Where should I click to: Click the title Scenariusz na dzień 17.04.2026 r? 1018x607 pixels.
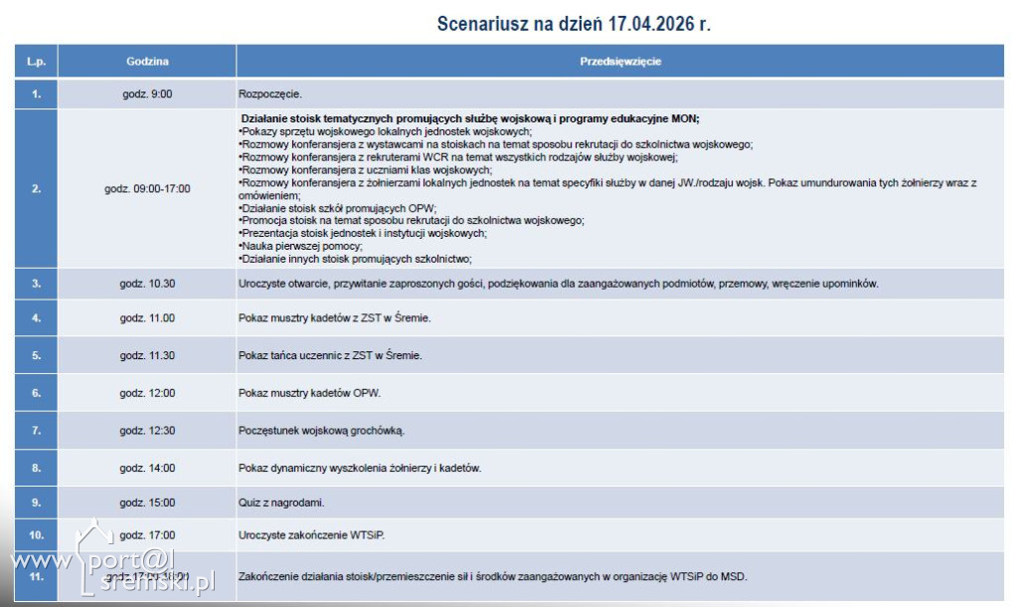point(574,24)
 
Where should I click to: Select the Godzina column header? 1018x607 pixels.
point(147,61)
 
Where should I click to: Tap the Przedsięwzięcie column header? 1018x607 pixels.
point(620,61)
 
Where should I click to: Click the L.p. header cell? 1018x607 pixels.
point(36,61)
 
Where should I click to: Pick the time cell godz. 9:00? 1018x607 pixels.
point(147,94)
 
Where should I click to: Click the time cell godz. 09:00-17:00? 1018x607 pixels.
point(147,188)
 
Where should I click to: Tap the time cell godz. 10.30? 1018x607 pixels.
point(147,284)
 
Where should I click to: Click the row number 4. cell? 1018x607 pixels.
point(36,318)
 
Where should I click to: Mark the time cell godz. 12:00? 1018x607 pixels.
point(147,393)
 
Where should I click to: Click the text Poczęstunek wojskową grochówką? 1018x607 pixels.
point(322,431)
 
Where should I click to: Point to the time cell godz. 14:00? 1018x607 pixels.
point(147,468)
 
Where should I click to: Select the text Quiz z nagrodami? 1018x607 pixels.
point(281,502)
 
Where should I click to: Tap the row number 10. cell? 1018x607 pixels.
point(36,534)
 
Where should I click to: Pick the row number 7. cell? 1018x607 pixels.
point(36,431)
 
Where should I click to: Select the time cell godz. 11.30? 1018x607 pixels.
point(147,355)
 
